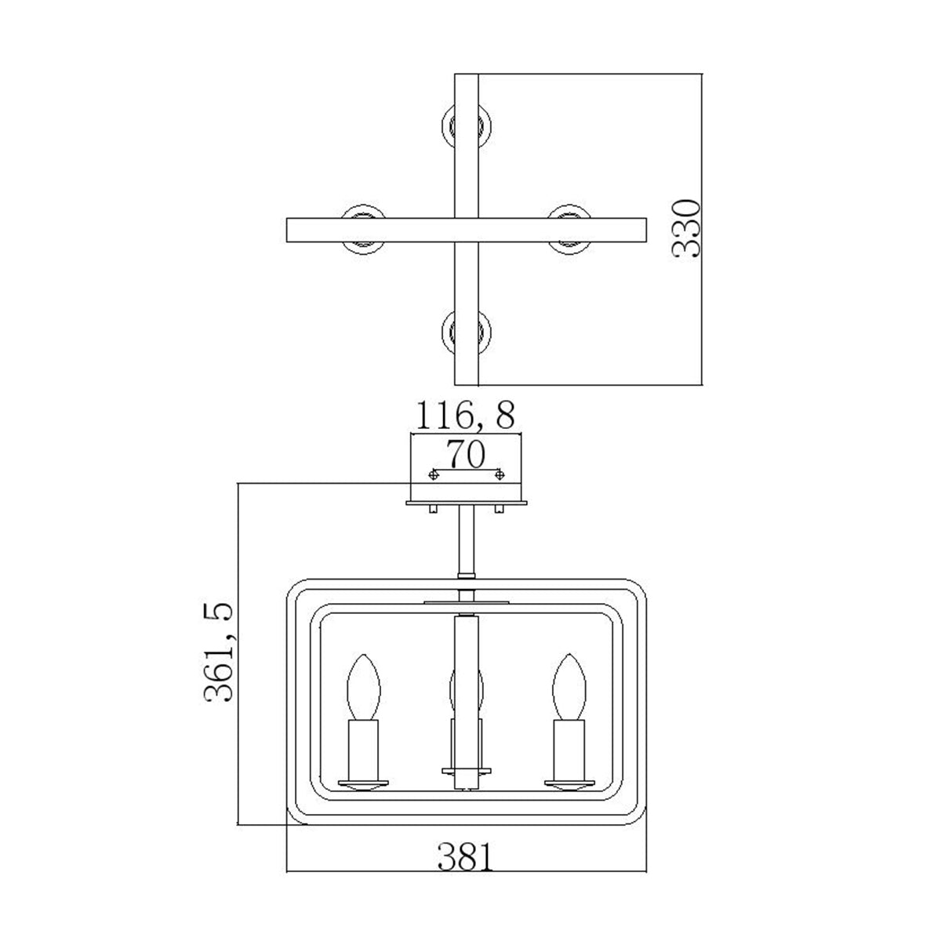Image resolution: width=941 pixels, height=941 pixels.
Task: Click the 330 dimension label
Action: pyautogui.click(x=687, y=228)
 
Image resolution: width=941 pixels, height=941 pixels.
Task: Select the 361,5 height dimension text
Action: pyautogui.click(x=219, y=652)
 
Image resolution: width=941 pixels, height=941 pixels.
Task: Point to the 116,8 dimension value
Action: pyautogui.click(x=466, y=415)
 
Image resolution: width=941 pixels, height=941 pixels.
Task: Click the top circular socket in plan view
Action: pyautogui.click(x=467, y=124)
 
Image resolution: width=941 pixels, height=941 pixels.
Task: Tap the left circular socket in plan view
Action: pyautogui.click(x=364, y=228)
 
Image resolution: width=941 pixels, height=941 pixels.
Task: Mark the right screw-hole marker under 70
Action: pyautogui.click(x=500, y=474)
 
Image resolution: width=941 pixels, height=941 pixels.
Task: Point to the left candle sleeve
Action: pyautogui.click(x=365, y=750)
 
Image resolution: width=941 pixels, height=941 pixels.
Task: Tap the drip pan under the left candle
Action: pyautogui.click(x=365, y=784)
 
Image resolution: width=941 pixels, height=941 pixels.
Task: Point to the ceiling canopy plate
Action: pyautogui.click(x=467, y=503)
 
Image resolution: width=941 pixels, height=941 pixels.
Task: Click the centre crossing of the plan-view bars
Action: pyautogui.click(x=467, y=228)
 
